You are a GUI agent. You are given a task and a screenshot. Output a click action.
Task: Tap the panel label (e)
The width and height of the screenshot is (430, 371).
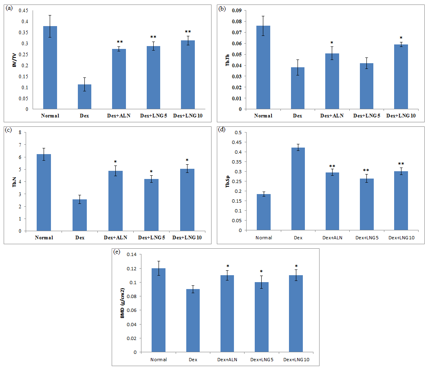[117, 252]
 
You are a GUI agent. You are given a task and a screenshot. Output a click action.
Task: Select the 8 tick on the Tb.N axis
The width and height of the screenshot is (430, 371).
[26, 132]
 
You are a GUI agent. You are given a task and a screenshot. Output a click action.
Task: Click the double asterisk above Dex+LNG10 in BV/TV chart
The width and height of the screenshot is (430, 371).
[188, 32]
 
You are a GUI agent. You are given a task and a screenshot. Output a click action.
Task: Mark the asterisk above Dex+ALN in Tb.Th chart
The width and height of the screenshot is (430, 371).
[332, 43]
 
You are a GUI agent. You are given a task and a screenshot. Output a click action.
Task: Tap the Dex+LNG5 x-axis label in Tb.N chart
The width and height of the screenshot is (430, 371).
[152, 238]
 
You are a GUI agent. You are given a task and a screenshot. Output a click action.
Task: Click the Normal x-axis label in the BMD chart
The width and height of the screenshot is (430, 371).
[158, 359]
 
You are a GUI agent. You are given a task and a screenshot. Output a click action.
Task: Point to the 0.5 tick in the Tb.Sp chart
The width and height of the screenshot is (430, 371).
[238, 132]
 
